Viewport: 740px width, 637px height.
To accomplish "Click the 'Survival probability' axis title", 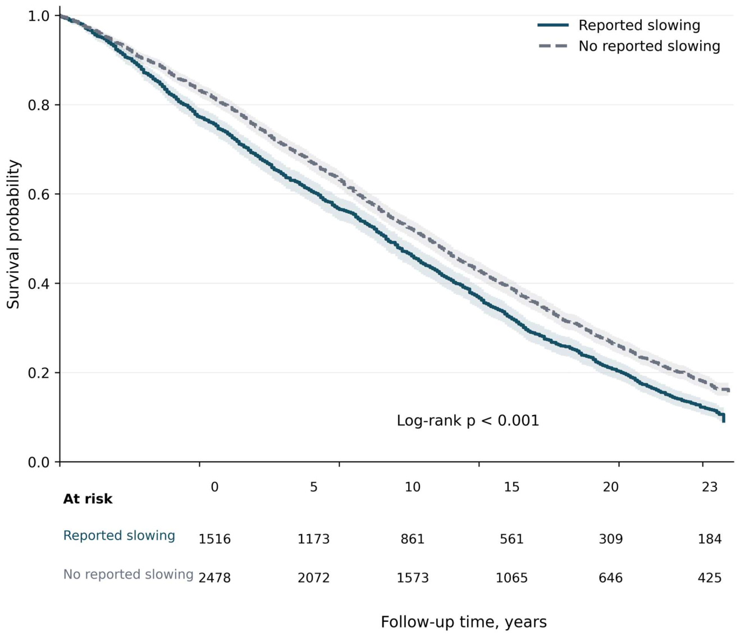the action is (13, 234).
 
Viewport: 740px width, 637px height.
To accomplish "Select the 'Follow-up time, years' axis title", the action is (464, 622).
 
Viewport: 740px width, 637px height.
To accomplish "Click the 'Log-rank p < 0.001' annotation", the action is (468, 420).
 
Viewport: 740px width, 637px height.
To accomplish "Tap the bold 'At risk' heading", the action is (88, 499).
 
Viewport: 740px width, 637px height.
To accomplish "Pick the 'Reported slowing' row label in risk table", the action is (119, 536).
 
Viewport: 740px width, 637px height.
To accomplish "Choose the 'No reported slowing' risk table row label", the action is (128, 575).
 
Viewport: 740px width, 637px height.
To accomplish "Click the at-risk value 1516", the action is (214, 539).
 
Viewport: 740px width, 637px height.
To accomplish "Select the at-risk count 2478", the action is (214, 578).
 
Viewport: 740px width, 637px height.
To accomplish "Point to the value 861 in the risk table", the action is (413, 539).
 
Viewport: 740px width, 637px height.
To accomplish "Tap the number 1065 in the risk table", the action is (511, 578).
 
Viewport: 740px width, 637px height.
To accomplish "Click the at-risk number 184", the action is (710, 539).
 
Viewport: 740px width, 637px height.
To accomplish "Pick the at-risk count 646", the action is (611, 578).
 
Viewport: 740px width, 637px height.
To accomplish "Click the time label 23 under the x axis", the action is (710, 487).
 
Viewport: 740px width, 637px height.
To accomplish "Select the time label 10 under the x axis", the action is (413, 487).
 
